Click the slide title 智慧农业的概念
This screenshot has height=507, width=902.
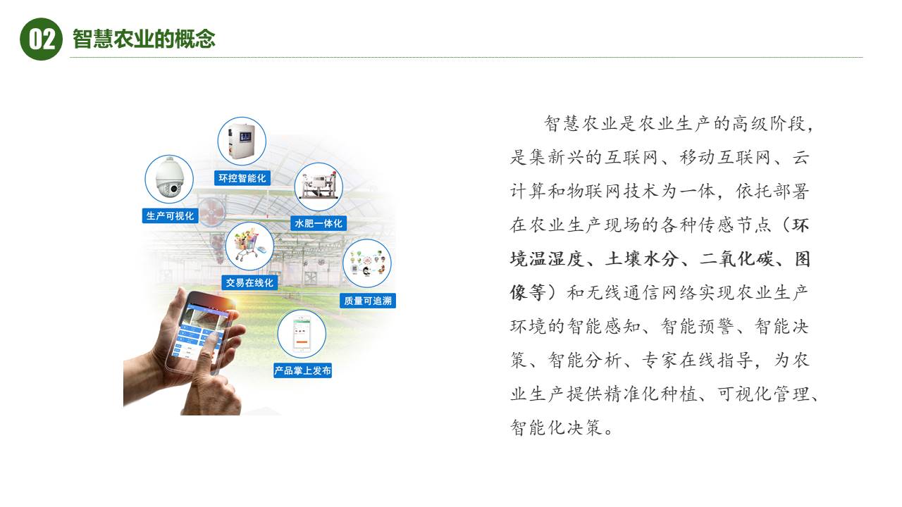[x=144, y=39]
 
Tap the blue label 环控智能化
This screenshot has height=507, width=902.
[x=242, y=178]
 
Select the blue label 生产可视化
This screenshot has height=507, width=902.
[x=169, y=216]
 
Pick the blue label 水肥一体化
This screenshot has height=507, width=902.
[x=318, y=223]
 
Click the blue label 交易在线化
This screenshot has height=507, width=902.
[x=249, y=282]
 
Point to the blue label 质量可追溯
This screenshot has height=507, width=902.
[x=367, y=301]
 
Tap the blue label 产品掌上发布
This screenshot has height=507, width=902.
[x=302, y=370]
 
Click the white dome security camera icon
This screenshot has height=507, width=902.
[x=169, y=179]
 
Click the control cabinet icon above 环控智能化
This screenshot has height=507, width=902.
[x=242, y=141]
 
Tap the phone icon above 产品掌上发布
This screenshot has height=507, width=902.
[x=302, y=334]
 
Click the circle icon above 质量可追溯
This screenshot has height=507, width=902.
[x=366, y=263]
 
